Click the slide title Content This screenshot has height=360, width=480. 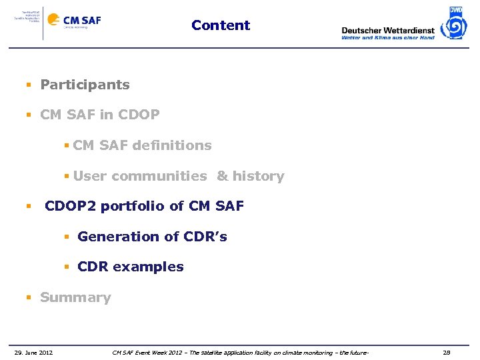[221, 25]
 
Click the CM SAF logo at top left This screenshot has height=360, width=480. [82, 21]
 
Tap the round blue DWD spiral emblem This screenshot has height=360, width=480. [455, 27]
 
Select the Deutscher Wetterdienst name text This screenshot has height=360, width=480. [387, 30]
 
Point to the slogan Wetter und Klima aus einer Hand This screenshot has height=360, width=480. [387, 38]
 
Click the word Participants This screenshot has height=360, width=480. [85, 85]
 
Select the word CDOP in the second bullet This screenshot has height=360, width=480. [138, 115]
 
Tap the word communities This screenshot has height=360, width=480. [159, 176]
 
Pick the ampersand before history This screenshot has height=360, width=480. [222, 176]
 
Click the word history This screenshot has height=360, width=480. [259, 176]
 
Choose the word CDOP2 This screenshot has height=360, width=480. [71, 206]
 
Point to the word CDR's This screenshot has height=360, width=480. [204, 237]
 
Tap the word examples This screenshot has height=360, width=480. [148, 267]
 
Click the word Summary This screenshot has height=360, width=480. [75, 297]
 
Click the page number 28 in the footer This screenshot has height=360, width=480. [447, 353]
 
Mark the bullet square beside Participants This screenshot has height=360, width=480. [29, 85]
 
